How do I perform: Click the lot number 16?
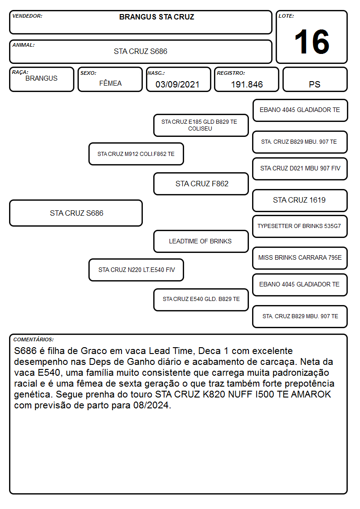(311, 42)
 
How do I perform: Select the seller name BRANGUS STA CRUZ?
(156, 17)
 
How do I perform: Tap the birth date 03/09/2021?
(177, 84)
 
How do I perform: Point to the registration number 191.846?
(247, 84)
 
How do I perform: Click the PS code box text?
(315, 84)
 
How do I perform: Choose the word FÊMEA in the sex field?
(110, 83)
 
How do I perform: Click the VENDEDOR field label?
(27, 16)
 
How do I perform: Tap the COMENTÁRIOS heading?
(34, 339)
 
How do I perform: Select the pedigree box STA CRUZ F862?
(201, 184)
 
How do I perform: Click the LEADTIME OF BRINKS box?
(201, 241)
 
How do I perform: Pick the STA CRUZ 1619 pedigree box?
(300, 200)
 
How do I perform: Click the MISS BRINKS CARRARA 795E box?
(300, 258)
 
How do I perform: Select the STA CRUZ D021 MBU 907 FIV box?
(300, 169)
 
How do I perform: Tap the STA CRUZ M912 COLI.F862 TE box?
(136, 154)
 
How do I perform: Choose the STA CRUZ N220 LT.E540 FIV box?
(136, 270)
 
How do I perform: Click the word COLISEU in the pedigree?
(200, 129)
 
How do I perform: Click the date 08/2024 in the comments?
(152, 405)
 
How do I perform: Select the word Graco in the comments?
(94, 351)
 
